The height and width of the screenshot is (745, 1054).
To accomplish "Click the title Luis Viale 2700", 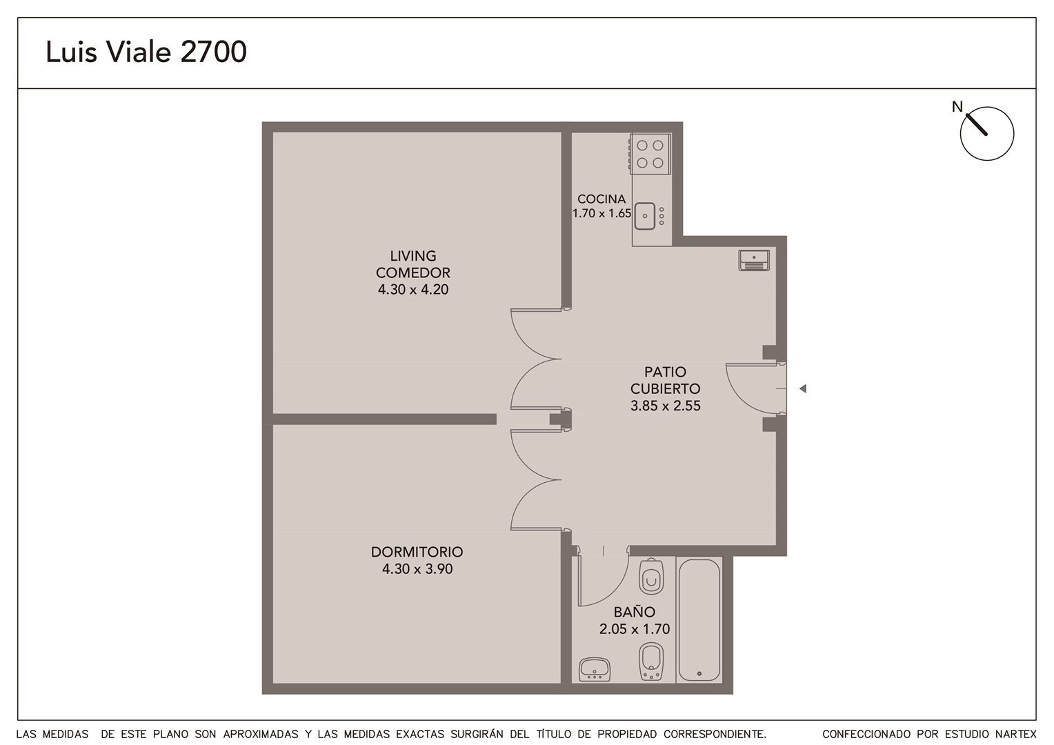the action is (146, 52).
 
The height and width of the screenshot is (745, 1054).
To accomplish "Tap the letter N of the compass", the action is (957, 107).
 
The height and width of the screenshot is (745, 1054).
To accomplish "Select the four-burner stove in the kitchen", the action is (650, 154).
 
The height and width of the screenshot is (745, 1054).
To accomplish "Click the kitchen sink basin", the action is (645, 216).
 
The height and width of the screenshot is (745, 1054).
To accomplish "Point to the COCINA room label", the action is (601, 199).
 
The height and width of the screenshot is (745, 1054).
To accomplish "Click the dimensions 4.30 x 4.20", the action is (413, 290).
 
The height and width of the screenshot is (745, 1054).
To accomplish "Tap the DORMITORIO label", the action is (417, 552).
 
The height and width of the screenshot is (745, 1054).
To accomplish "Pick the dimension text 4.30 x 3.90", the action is (417, 569).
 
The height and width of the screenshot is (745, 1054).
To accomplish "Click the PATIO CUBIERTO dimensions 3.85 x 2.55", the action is (666, 406).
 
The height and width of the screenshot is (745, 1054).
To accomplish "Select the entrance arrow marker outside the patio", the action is (803, 389).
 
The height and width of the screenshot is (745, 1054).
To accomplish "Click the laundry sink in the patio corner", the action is (754, 260).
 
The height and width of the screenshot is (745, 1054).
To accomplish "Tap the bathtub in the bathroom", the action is (699, 620).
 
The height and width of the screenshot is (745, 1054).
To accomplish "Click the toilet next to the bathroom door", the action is (651, 577).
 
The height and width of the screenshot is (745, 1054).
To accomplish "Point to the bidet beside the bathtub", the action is (651, 662).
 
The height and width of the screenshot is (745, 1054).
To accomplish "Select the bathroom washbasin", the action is (595, 669).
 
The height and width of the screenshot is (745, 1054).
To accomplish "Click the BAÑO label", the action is (635, 612).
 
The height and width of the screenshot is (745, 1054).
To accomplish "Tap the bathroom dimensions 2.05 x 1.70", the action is (635, 628).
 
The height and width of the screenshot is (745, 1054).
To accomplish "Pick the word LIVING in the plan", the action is (413, 255).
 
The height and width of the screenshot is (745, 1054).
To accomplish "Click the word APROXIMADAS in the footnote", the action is (261, 734).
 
